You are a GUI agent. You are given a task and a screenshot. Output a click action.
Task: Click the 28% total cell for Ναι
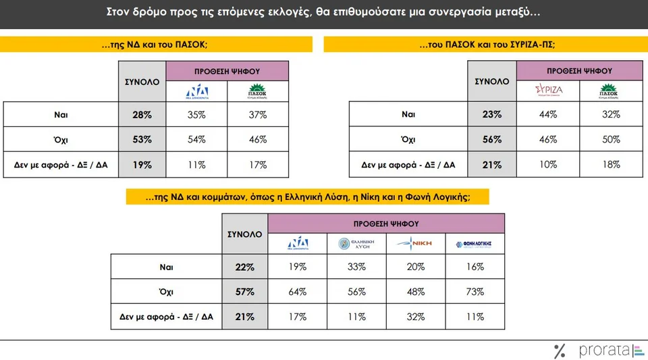point(142,115)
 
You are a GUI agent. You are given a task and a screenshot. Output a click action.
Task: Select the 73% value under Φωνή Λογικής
point(475,292)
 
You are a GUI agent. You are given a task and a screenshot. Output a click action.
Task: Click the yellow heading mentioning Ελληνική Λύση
point(307,197)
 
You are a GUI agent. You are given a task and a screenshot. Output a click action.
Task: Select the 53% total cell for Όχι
point(142,140)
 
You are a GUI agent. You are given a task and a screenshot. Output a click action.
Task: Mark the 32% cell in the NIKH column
point(415,316)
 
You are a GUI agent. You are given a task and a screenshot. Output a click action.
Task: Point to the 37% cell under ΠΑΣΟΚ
point(258,115)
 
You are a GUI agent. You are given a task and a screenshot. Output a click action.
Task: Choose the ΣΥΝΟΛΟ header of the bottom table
point(244,234)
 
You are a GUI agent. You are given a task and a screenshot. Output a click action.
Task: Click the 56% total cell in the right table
point(492,140)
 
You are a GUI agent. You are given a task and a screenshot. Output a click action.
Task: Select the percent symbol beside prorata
point(559,351)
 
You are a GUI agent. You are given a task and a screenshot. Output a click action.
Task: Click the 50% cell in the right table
point(611,140)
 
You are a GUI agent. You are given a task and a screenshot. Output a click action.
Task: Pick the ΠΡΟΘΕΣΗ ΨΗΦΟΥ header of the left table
point(227,70)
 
